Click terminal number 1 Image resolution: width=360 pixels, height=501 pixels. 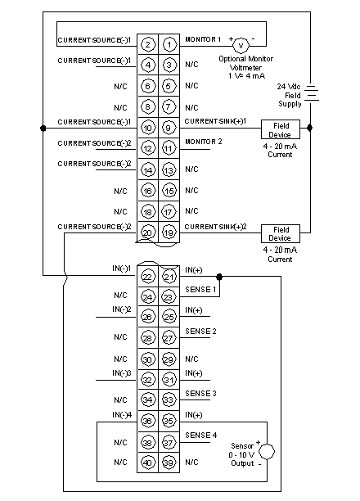[169, 44]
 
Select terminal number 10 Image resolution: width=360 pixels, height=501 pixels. [147, 129]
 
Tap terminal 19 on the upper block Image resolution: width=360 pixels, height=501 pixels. [169, 232]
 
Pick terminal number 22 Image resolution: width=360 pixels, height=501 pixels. [147, 277]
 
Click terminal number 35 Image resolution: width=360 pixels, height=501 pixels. [169, 421]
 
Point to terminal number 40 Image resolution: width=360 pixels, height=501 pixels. [147, 463]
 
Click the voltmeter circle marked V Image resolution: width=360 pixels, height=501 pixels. [241, 45]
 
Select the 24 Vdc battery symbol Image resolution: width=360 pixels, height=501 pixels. [312, 93]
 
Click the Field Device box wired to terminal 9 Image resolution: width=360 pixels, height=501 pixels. [281, 129]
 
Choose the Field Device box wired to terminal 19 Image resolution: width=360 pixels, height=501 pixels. [281, 233]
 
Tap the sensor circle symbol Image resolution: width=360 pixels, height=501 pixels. [267, 452]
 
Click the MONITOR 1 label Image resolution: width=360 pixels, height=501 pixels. [203, 39]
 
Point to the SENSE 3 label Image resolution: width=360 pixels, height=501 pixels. [200, 393]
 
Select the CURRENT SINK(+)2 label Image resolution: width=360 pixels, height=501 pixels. [216, 227]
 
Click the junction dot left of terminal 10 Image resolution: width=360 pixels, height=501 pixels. [43, 129]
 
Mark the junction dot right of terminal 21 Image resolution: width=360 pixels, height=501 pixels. [219, 277]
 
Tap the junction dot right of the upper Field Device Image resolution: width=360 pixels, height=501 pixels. [309, 128]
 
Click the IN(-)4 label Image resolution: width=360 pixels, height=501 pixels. [122, 415]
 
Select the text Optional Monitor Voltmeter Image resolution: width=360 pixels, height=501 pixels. [246, 63]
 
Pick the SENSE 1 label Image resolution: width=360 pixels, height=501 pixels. [200, 290]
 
